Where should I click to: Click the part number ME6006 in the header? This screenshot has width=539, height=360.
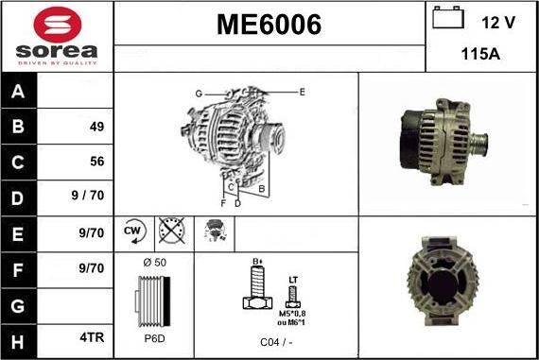tap(269, 26)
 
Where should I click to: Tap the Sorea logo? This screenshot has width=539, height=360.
tap(56, 36)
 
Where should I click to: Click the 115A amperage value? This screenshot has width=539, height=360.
tap(479, 54)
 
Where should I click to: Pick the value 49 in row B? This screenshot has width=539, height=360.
tap(96, 127)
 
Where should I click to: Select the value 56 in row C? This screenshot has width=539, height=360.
tap(96, 162)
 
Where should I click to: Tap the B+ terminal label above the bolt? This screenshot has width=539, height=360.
tap(256, 261)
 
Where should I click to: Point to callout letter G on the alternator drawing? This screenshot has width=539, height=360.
tap(200, 94)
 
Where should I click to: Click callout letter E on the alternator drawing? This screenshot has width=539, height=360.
tap(302, 92)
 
